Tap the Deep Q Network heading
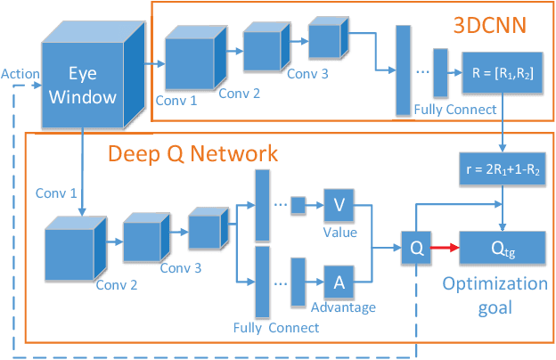[x=192, y=153]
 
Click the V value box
[x=339, y=205]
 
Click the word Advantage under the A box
[x=343, y=307]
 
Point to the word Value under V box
[x=339, y=232]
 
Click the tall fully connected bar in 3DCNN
[x=402, y=70]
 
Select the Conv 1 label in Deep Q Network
[x=55, y=192]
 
